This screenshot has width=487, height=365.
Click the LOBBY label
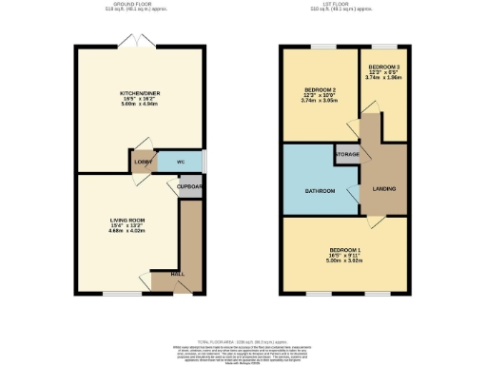click(144, 163)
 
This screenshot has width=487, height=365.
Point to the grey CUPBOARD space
click(190, 186)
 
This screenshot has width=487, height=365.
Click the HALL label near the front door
click(177, 275)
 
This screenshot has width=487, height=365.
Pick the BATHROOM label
click(320, 191)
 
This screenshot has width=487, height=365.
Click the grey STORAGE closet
click(346, 153)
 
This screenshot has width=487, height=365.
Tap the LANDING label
click(384, 188)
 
